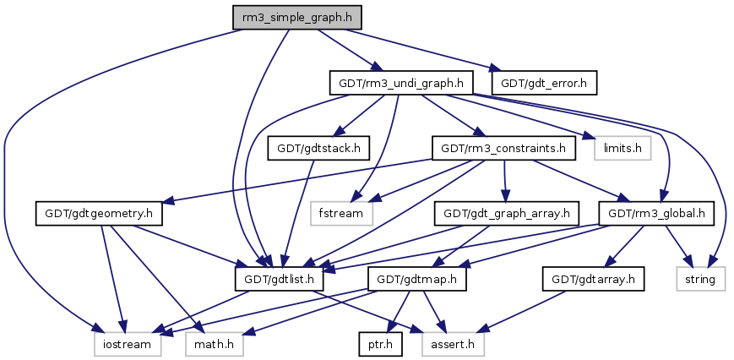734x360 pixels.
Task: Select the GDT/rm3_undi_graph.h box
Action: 400,83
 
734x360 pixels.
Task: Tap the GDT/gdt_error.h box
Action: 547,83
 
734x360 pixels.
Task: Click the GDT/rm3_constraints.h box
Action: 504,149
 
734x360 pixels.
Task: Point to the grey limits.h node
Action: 623,149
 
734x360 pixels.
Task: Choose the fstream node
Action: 340,213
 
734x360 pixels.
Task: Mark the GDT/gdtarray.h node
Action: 593,278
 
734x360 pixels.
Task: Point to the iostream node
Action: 123,344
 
